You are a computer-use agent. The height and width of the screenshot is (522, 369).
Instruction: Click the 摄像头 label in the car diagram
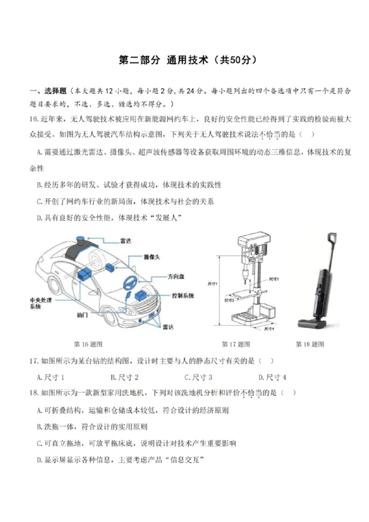point(152,257)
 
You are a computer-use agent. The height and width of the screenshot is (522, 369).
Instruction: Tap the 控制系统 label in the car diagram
point(183,295)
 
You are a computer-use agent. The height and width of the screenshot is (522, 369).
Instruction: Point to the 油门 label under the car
point(83,315)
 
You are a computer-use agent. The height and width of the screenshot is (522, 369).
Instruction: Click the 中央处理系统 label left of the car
point(41,303)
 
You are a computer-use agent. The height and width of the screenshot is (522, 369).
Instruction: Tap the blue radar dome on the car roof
point(81,241)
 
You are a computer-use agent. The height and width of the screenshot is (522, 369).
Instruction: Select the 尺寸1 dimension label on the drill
point(213,284)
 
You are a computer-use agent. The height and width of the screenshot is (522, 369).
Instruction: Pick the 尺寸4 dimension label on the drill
point(269,329)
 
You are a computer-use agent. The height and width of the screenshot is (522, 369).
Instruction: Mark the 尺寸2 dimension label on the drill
point(274,279)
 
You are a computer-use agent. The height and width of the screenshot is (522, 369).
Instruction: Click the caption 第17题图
point(236,344)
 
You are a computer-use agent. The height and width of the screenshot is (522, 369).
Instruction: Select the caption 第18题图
point(309,344)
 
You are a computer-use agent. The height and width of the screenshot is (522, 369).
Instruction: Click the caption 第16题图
point(88,344)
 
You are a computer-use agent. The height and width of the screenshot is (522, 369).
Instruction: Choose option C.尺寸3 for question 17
point(198,377)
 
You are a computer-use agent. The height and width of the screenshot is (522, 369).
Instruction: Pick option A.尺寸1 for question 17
point(50,377)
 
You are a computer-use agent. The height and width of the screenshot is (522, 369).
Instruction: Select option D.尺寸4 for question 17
point(272,377)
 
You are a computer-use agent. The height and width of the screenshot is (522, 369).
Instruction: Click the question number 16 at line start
point(33,119)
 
